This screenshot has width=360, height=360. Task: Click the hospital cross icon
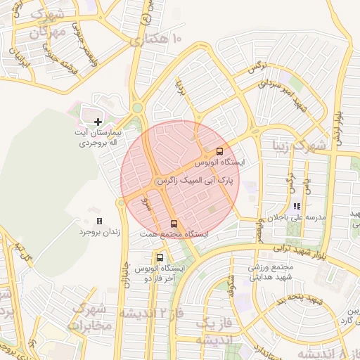(98, 123)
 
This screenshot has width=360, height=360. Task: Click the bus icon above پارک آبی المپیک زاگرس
(219, 151)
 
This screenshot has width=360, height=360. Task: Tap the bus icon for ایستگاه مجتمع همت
(174, 224)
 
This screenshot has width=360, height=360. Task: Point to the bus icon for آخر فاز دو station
(161, 257)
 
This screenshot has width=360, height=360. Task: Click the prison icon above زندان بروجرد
(99, 221)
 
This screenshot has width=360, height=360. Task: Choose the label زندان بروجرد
(98, 231)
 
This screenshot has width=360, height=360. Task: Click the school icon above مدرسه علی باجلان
(297, 207)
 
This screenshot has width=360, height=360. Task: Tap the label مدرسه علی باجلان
(298, 218)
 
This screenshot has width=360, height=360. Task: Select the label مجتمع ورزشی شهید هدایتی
(268, 271)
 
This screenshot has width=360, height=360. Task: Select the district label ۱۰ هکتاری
(155, 40)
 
